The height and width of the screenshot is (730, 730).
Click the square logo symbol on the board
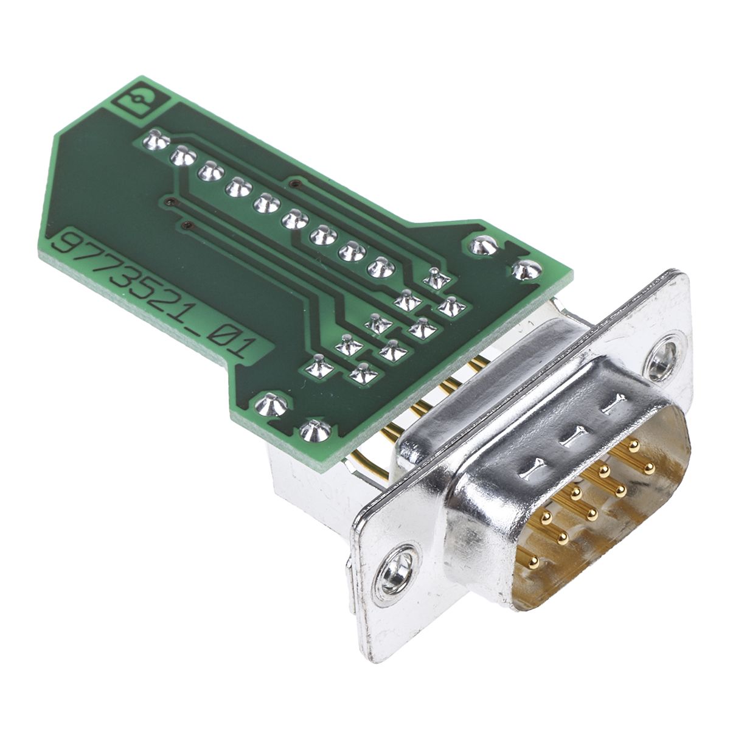click(x=142, y=100)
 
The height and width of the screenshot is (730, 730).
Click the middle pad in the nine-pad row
click(x=266, y=203)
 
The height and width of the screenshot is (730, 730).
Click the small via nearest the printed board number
click(x=186, y=226)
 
